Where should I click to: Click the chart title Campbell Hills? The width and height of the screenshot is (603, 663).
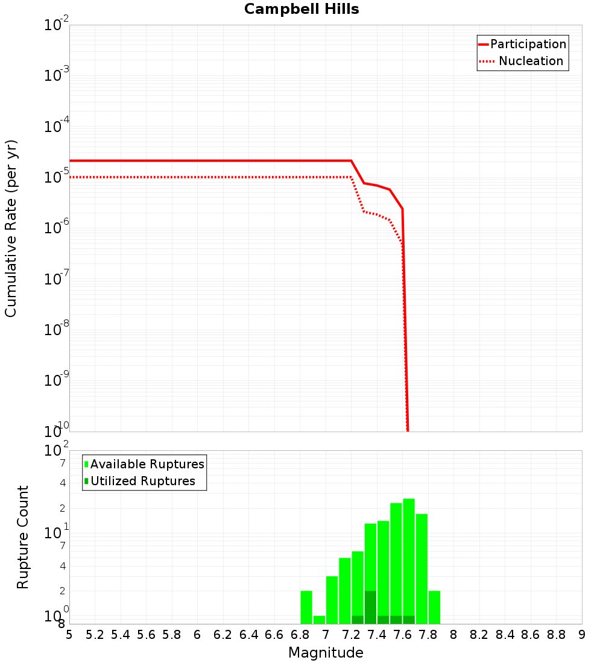(301, 9)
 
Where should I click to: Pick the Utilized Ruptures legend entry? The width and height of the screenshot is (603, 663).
(142, 481)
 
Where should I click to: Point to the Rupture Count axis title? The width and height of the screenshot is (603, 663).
(23, 537)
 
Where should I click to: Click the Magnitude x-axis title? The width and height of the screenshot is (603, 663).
(326, 653)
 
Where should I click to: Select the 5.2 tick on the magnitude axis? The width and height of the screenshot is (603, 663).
(95, 635)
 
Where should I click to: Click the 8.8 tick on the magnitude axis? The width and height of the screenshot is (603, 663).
(556, 635)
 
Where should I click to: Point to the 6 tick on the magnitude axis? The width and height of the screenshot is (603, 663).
(197, 635)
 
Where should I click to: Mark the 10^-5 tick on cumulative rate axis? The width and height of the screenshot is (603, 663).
(56, 177)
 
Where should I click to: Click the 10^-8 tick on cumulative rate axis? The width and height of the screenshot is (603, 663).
(56, 330)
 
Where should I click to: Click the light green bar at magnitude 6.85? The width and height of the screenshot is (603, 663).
(306, 607)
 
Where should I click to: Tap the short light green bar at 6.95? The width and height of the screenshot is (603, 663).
(319, 620)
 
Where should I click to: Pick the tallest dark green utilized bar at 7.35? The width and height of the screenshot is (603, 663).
(370, 607)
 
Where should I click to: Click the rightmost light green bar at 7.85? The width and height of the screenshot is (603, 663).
(434, 607)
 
